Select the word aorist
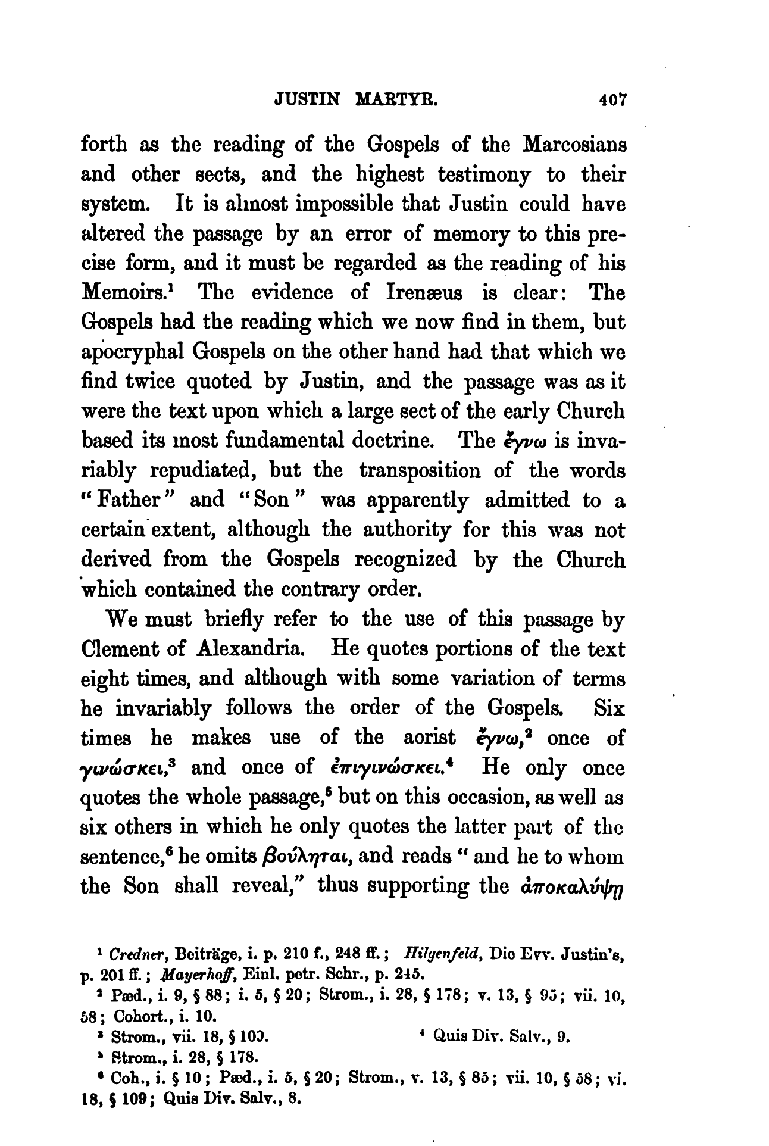pyautogui.click(x=429, y=738)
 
